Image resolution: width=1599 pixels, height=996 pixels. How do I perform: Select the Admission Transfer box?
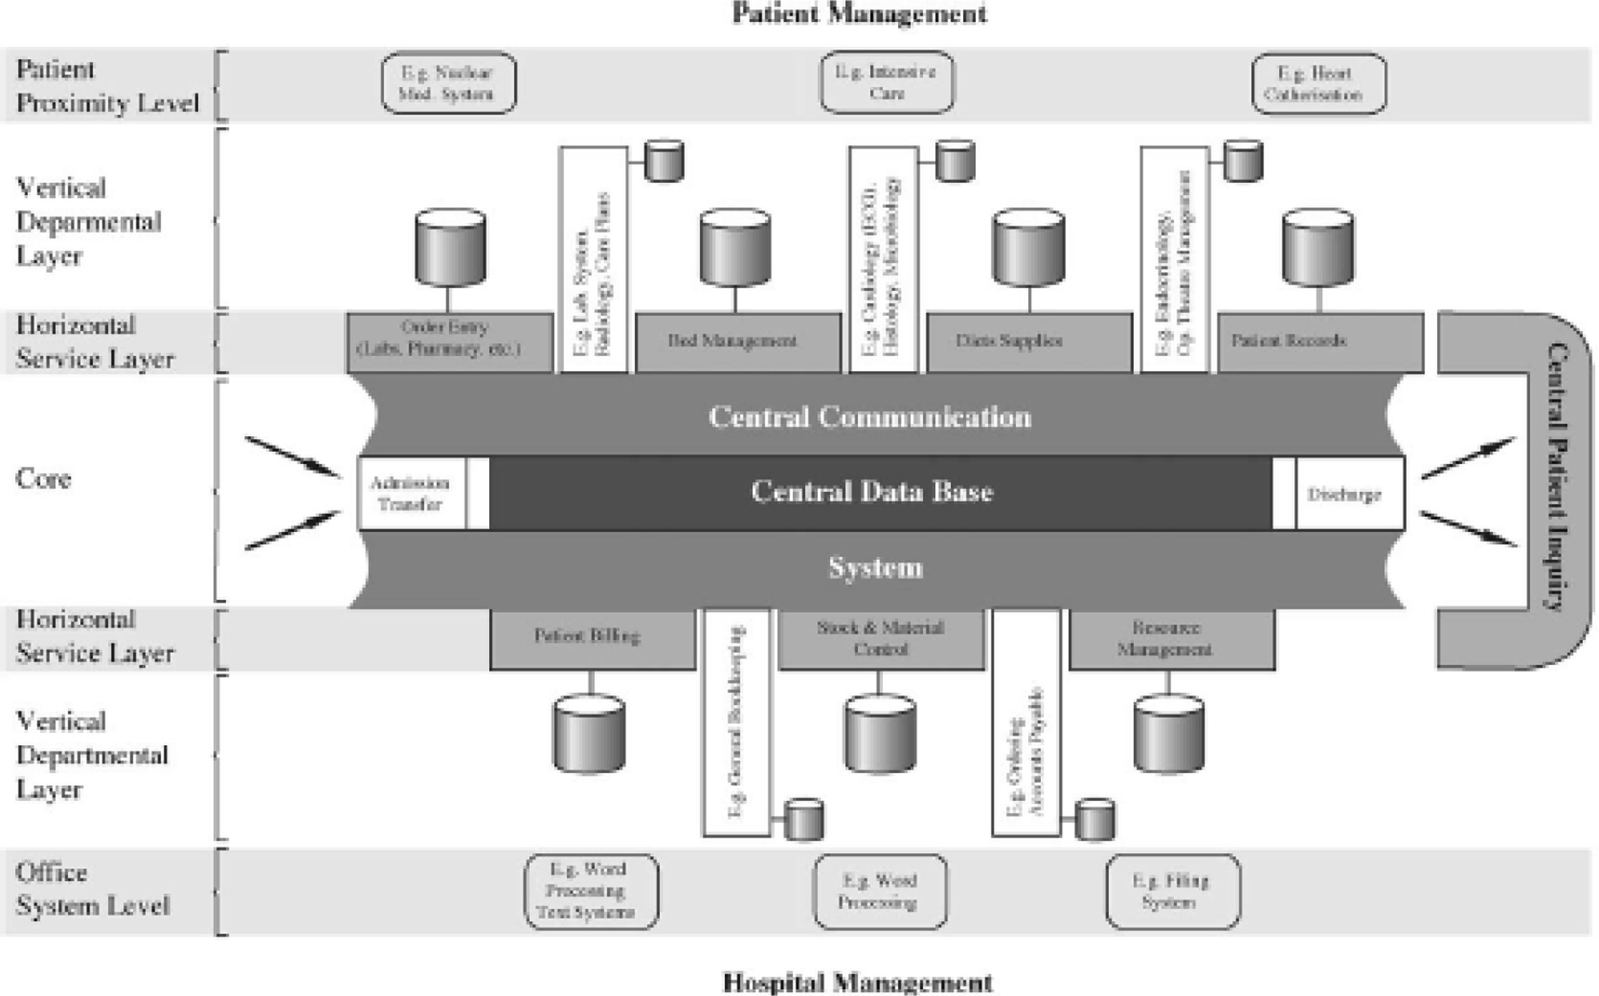click(411, 494)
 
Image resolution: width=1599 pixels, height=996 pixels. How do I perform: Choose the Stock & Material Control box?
click(882, 638)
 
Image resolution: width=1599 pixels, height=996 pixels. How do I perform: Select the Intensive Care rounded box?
click(886, 83)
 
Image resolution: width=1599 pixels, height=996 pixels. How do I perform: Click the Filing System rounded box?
click(1172, 891)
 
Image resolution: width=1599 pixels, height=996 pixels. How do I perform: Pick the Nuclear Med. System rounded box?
click(448, 83)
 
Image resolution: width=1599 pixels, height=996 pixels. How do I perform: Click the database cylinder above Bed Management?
click(735, 247)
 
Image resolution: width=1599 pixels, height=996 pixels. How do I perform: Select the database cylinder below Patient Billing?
click(589, 734)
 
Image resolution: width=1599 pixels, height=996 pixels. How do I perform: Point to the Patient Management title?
click(859, 14)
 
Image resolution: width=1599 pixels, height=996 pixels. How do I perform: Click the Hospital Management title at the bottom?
click(858, 982)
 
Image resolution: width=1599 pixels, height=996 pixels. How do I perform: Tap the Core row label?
click(43, 479)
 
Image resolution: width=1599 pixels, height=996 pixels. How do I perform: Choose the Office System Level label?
click(92, 889)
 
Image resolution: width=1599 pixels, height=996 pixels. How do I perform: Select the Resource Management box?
click(1172, 638)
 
